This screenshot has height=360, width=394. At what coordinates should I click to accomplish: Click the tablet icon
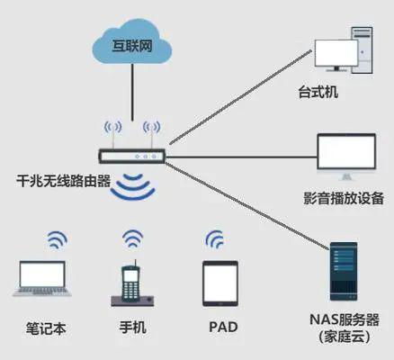(220, 282)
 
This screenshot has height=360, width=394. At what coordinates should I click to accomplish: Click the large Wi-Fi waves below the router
(133, 187)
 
